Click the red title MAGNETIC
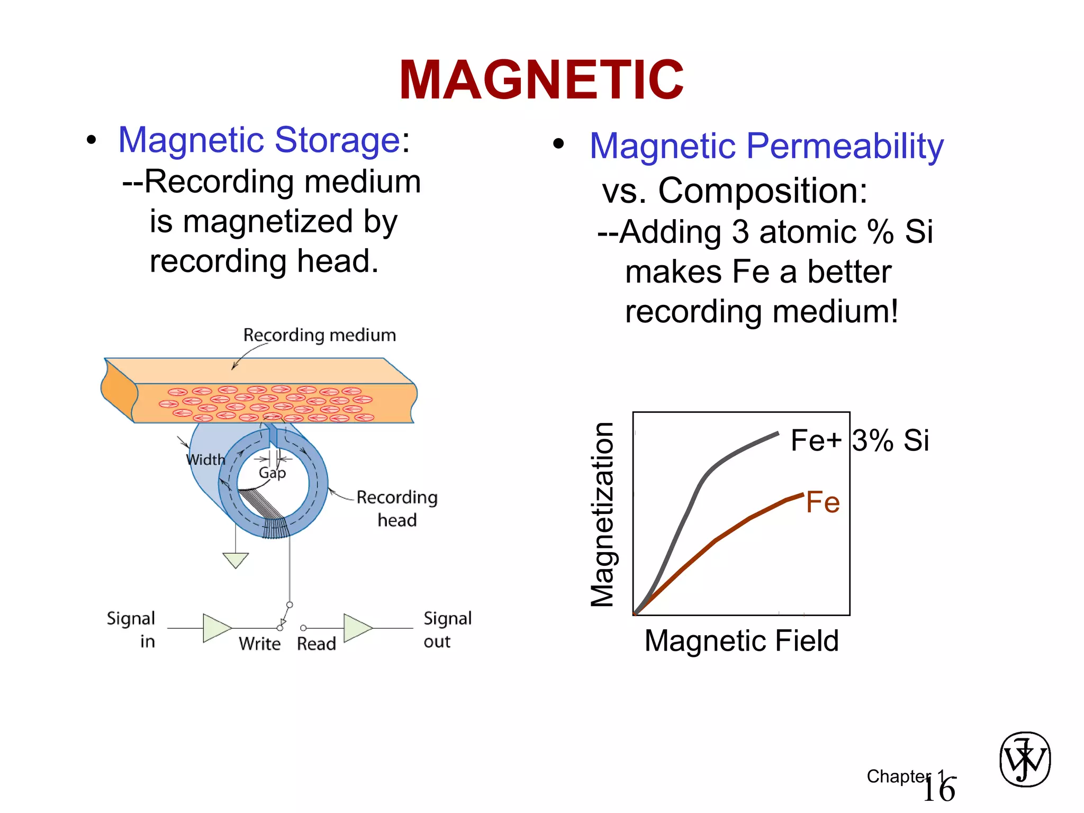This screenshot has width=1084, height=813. coord(541,80)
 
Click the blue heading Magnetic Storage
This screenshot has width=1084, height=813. coord(259,140)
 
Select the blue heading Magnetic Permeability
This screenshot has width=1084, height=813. coord(766,146)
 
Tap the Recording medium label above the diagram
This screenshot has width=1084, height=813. coord(319,335)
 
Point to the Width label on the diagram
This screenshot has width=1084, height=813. coord(205,459)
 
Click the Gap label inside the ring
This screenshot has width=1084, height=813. coord(272,473)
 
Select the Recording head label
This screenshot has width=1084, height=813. coord(397,508)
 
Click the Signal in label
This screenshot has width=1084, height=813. coord(131,629)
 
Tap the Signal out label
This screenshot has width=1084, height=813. coord(447,629)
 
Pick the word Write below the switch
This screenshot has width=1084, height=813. coord(259,644)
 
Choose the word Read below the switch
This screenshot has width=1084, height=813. coord(317,644)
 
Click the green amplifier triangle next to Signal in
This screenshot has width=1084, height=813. coord(216,628)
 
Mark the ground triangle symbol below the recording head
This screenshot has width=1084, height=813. coord(236,559)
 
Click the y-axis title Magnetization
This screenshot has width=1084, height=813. coord(602,514)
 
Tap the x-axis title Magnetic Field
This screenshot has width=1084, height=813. coord(742,640)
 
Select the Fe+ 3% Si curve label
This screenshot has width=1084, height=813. coord(860,440)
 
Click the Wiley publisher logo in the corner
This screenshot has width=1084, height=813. coord(1025,759)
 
